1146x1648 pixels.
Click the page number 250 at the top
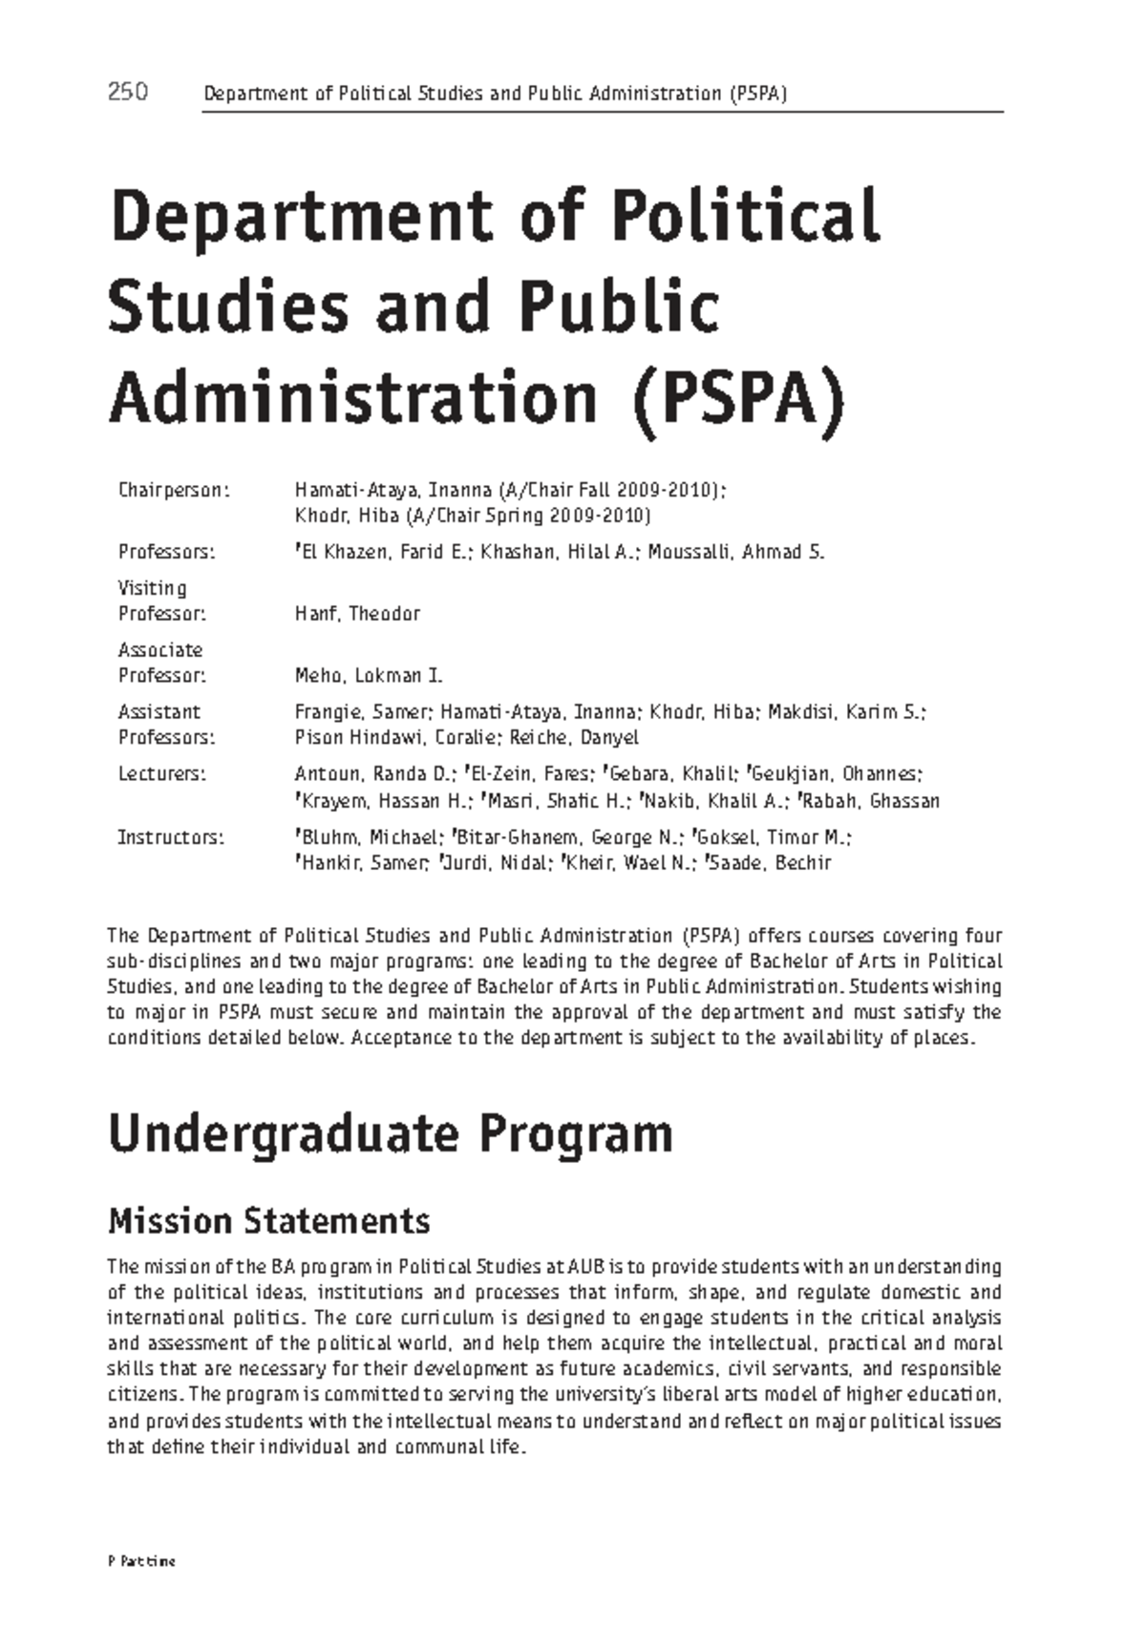127,93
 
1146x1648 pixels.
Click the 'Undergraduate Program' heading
390,1135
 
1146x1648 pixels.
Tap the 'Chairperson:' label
174,491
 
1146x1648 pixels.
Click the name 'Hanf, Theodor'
357,614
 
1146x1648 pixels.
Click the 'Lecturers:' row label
161,773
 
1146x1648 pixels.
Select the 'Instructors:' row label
170,837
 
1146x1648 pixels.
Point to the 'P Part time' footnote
141,1562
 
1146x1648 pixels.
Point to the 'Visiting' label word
152,588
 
